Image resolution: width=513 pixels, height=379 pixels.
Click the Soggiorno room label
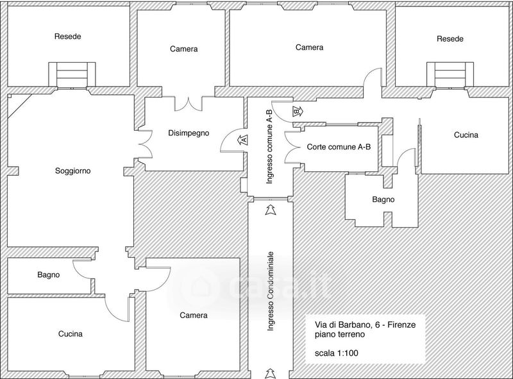pyautogui.click(x=72, y=171)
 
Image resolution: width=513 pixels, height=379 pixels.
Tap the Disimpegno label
pyautogui.click(x=189, y=133)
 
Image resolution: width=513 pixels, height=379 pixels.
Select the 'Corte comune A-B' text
pyautogui.click(x=339, y=147)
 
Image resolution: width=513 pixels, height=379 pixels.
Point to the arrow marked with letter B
pyautogui.click(x=298, y=112)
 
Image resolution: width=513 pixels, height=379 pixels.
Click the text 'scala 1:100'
pyautogui.click(x=336, y=353)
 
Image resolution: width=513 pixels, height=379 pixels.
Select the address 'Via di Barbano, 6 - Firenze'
pyautogui.click(x=365, y=324)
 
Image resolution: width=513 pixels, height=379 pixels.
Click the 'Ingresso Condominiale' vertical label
pyautogui.click(x=270, y=291)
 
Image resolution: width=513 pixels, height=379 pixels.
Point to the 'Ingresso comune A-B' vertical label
pyautogui.click(x=269, y=146)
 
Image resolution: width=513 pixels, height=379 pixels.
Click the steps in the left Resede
pyautogui.click(x=72, y=75)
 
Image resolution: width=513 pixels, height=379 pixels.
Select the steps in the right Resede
pyautogui.click(x=450, y=75)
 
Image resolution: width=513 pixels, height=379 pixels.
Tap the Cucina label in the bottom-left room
pyautogui.click(x=71, y=334)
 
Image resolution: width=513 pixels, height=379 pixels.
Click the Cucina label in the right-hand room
pyautogui.click(x=466, y=135)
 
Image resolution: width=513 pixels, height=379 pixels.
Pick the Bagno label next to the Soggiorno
pyautogui.click(x=49, y=274)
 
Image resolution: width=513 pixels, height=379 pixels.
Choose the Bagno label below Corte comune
pyautogui.click(x=383, y=199)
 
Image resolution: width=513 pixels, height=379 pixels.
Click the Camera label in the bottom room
pyautogui.click(x=194, y=315)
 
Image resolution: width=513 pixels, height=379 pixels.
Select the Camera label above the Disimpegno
pyautogui.click(x=183, y=49)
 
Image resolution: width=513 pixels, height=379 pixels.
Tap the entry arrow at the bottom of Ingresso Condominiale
pyautogui.click(x=270, y=373)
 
